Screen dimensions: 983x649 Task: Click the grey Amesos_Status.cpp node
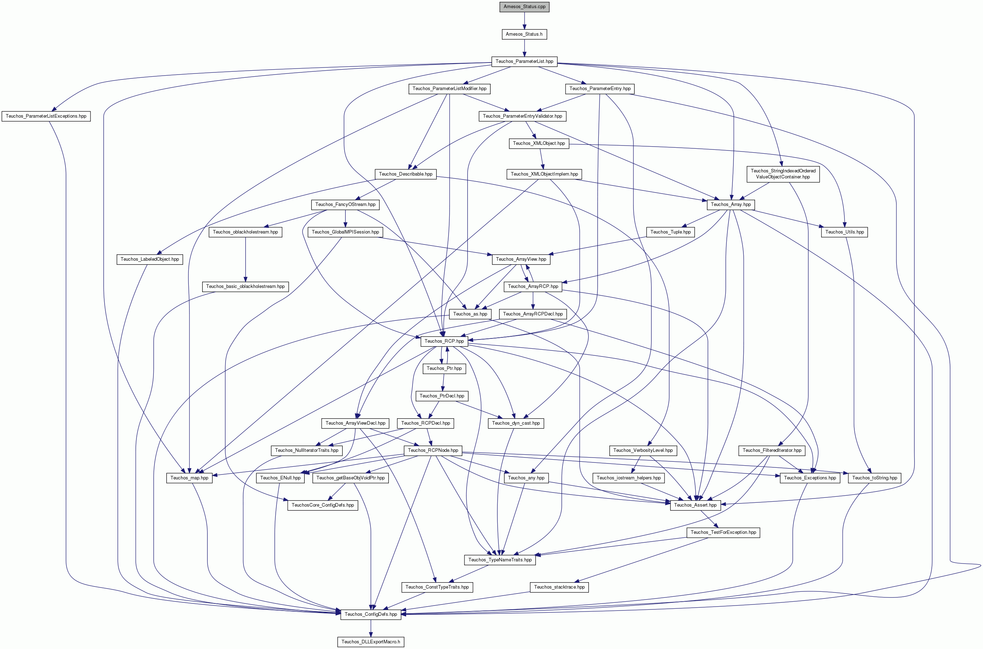click(524, 7)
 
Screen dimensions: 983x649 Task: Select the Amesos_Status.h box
click(524, 34)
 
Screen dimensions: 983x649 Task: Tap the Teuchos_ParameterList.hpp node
click(524, 61)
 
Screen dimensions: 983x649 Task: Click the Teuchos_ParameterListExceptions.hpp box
click(46, 116)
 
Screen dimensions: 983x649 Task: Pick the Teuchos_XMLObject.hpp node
click(539, 143)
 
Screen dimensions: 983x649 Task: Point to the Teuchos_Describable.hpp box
click(405, 174)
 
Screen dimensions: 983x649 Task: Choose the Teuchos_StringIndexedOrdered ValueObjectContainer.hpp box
click(783, 174)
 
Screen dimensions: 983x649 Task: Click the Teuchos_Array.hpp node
click(731, 205)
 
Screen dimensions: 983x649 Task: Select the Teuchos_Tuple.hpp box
click(671, 232)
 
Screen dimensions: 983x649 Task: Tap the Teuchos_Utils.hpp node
click(845, 232)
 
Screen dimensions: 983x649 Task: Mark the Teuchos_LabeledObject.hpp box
click(150, 259)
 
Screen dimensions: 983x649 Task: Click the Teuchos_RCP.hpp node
click(444, 341)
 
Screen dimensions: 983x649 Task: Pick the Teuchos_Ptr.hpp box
click(444, 368)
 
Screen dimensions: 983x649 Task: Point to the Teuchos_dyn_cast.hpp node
click(516, 423)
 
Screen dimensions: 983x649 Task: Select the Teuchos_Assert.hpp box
click(695, 505)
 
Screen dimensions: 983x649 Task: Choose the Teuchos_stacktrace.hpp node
click(560, 587)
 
